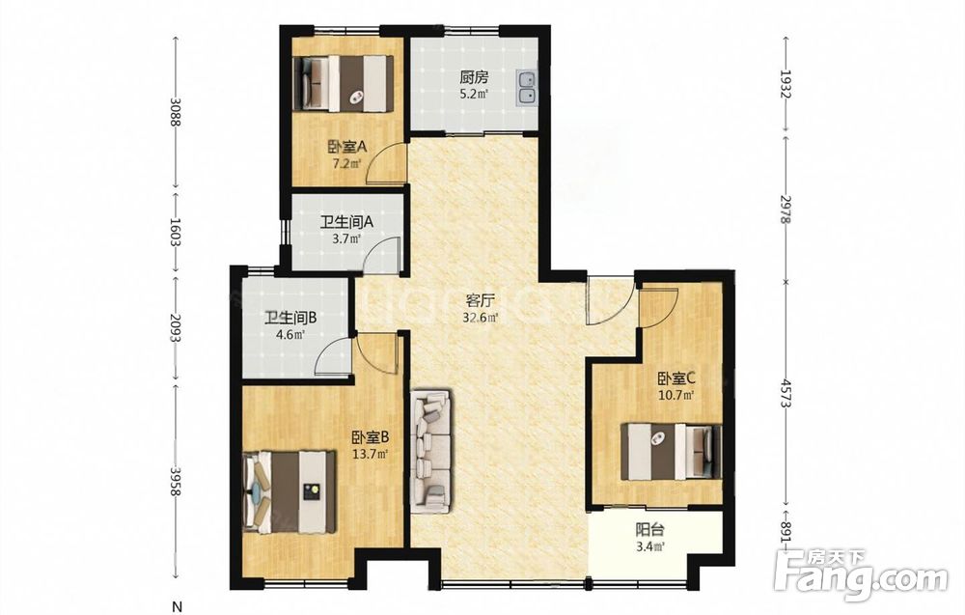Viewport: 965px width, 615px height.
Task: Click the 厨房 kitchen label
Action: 474,77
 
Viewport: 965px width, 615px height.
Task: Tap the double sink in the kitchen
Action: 526,88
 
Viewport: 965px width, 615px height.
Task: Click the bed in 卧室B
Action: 289,491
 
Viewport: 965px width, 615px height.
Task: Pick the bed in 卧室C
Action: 671,451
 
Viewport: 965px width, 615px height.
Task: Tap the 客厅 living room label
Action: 480,301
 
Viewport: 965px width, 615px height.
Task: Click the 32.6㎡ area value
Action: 480,318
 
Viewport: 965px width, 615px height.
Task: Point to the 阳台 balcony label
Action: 649,530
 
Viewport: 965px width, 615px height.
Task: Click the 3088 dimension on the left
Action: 176,112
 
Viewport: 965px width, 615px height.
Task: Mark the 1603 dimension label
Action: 176,233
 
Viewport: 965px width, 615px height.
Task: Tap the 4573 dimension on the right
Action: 785,392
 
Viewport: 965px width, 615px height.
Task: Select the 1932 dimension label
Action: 785,84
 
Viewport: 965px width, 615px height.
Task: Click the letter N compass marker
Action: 176,604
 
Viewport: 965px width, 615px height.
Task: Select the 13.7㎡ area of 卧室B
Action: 370,455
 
